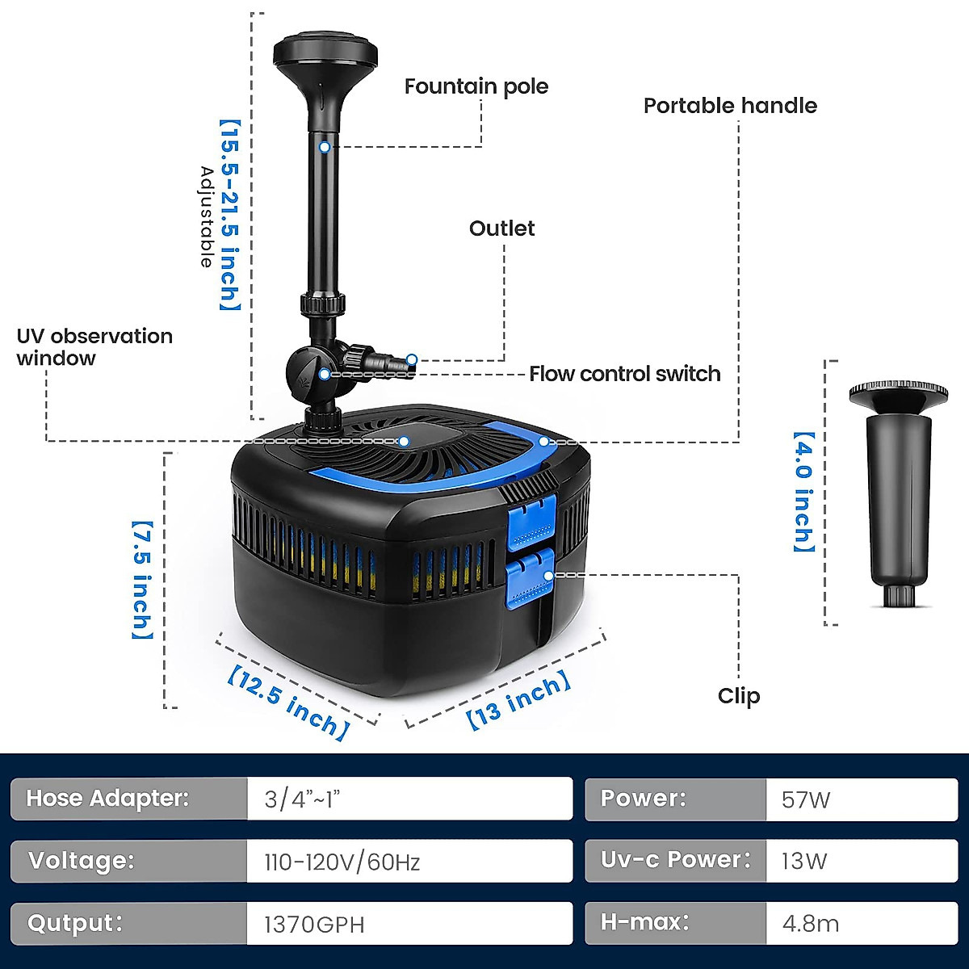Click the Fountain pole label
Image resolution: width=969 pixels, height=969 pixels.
point(476,87)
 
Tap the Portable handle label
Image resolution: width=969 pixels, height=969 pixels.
point(729,106)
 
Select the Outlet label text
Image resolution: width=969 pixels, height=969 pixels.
point(501,229)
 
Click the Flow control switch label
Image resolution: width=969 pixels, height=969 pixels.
point(624,374)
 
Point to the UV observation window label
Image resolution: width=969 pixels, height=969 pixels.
point(94,347)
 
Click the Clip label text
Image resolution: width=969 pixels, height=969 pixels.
point(738,696)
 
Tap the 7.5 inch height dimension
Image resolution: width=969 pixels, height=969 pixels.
point(142,580)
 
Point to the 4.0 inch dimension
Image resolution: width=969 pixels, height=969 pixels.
point(803,492)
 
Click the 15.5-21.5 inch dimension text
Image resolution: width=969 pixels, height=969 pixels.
point(230,215)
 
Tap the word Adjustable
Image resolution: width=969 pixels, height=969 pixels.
point(207,216)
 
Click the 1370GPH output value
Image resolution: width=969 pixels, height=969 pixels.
point(314,925)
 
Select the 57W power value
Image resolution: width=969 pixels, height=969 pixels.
point(805,800)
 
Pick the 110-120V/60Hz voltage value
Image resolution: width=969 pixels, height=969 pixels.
point(342,862)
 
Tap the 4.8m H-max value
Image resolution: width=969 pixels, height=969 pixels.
point(810,924)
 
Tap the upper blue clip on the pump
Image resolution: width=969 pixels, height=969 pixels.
point(532,523)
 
